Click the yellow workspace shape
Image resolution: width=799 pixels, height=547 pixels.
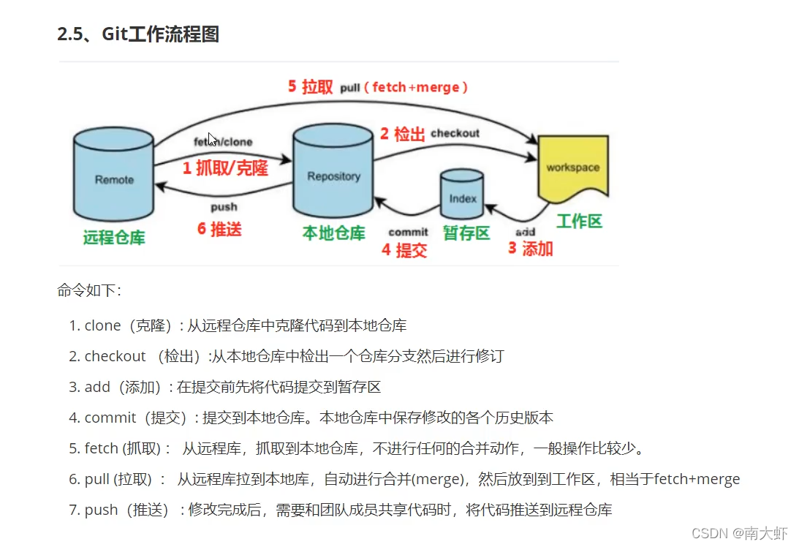(573, 168)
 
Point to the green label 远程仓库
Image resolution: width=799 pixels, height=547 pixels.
(114, 237)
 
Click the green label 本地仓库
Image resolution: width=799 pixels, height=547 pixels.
(333, 233)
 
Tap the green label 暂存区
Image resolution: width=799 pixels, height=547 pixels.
(466, 233)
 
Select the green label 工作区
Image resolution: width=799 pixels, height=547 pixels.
(579, 221)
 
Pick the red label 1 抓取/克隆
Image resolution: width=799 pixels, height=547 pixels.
(225, 168)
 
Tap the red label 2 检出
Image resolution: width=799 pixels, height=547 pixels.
(403, 134)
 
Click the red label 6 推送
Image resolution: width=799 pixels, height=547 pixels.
(219, 229)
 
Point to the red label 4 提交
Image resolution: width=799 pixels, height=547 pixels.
(404, 250)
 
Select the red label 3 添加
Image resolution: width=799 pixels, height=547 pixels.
(531, 249)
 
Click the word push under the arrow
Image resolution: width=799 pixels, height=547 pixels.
(224, 207)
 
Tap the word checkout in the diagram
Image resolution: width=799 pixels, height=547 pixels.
(455, 133)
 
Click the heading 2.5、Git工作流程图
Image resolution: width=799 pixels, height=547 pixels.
(138, 34)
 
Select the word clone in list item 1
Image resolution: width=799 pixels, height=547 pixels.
(102, 325)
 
